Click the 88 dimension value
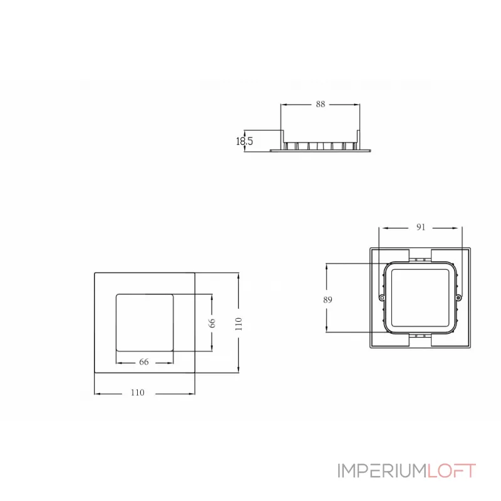tap(320, 105)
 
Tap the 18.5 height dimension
tap(244, 142)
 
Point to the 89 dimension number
tap(328, 299)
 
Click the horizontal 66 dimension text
tap(143, 362)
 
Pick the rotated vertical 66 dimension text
tap(212, 323)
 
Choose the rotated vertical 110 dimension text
tap(239, 323)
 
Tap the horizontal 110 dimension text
tap(137, 393)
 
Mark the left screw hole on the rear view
tap(381, 297)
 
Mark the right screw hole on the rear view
tap(458, 297)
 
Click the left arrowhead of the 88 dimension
tap(282, 105)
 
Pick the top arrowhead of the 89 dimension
tap(328, 266)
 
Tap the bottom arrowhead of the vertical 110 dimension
tap(239, 371)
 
